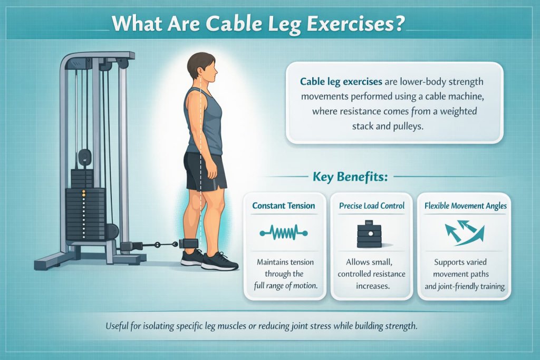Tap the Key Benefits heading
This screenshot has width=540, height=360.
350,177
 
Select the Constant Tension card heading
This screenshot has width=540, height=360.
284,206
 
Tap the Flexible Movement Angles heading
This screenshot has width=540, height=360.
466,206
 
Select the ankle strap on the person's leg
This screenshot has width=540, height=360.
188,244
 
